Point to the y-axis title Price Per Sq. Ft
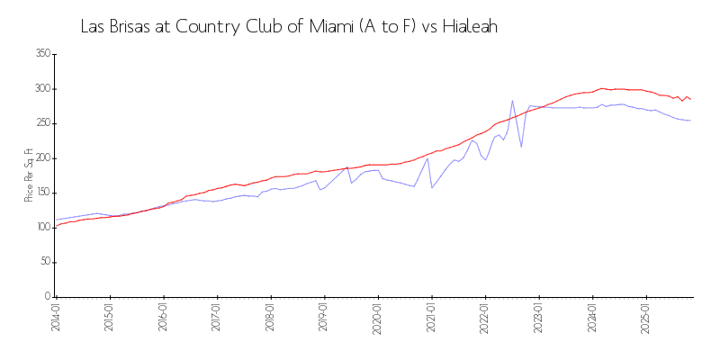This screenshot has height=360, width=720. coord(29,175)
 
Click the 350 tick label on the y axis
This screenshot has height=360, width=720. coord(42,54)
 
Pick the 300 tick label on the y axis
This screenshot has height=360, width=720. coord(42,89)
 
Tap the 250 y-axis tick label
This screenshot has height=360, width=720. coord(42,123)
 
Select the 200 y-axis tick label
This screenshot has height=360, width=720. coord(42,158)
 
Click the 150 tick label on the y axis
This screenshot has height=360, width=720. coord(42,193)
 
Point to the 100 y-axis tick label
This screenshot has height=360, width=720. coord(42,228)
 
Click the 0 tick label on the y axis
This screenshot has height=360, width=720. coord(48,297)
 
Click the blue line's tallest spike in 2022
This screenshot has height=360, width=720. coord(512,101)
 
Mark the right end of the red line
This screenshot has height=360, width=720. coord(690,99)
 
